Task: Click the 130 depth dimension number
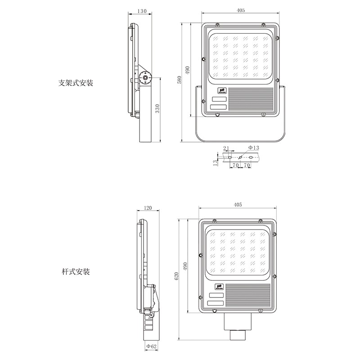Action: pyautogui.click(x=142, y=11)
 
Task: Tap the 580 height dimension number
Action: pyautogui.click(x=180, y=80)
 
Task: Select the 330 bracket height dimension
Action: pyautogui.click(x=157, y=108)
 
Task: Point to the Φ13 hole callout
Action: pyautogui.click(x=254, y=148)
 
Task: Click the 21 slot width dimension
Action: pyautogui.click(x=226, y=148)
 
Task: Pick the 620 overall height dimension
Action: pyautogui.click(x=176, y=276)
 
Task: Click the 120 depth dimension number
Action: pyautogui.click(x=148, y=208)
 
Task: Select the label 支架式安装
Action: pyautogui.click(x=76, y=83)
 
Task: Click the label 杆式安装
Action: pyautogui.click(x=76, y=272)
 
